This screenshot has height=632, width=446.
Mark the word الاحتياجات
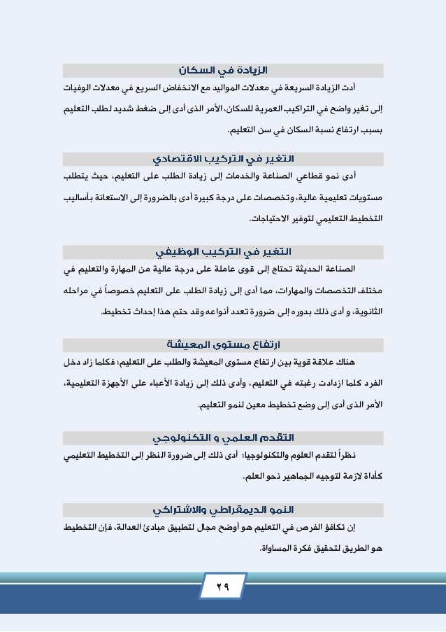pyautogui.click(x=272, y=219)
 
